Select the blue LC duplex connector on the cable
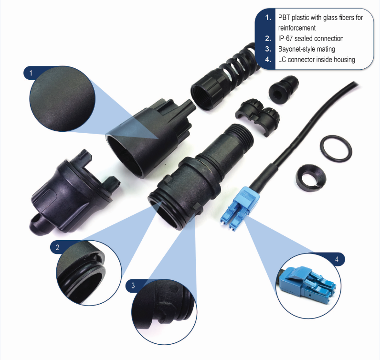(x=240, y=209)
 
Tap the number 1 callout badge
(x=31, y=73)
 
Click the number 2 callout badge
(x=57, y=247)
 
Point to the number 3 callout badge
(x=133, y=286)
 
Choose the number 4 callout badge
(x=337, y=259)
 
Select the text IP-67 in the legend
(x=285, y=39)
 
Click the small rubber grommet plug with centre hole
(x=283, y=90)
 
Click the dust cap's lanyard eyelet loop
(x=36, y=222)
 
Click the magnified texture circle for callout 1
(x=62, y=99)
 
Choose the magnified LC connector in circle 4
(x=308, y=284)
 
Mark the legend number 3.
(x=268, y=49)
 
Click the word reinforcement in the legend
(x=297, y=28)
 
